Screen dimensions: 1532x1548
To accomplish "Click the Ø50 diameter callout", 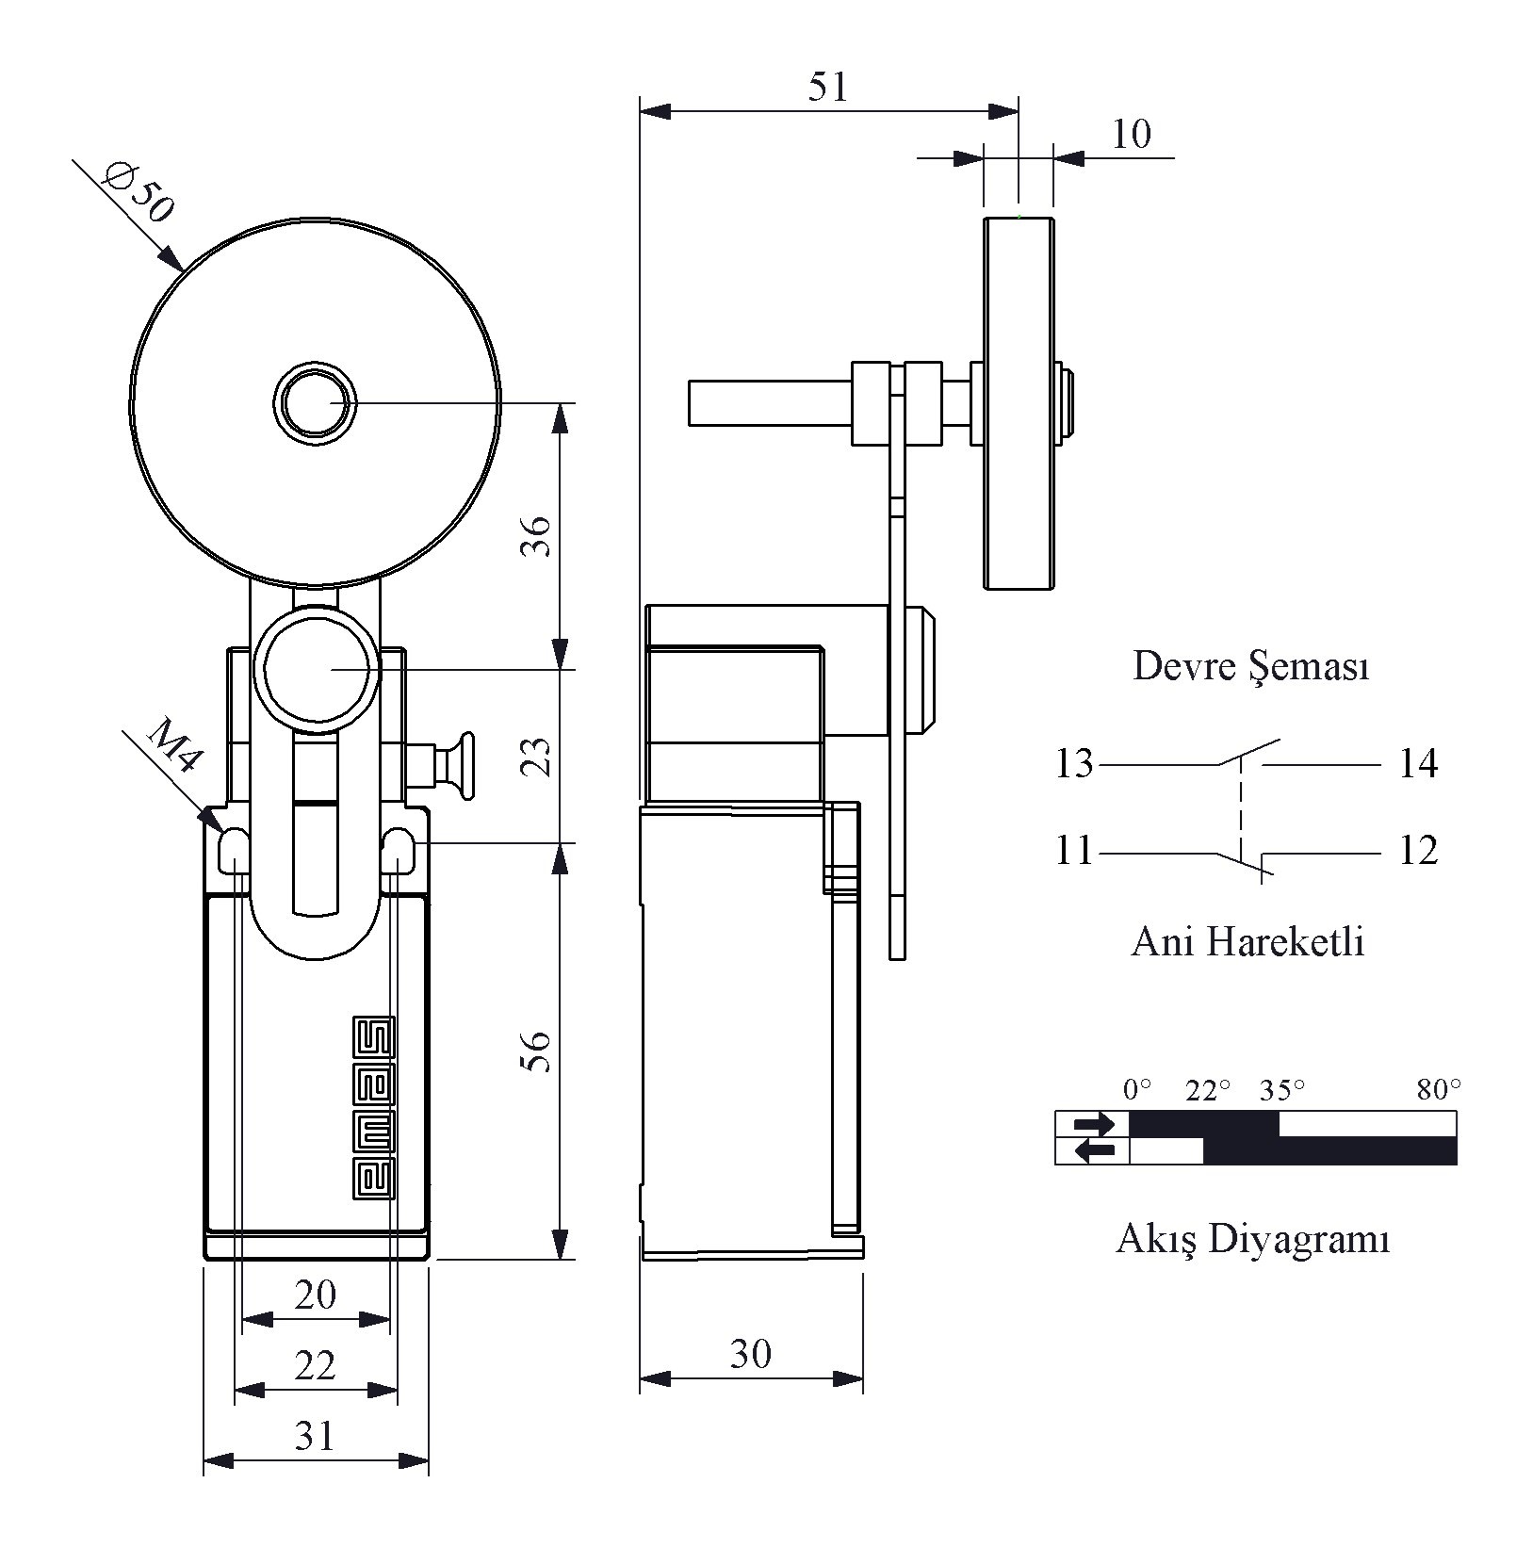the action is (x=139, y=192).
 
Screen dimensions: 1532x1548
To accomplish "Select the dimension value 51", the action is (x=828, y=87).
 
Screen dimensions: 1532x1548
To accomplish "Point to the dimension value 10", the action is (x=1131, y=134).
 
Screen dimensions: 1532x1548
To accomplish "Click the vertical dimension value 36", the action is (x=536, y=535).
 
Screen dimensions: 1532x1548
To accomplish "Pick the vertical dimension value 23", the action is (x=536, y=756).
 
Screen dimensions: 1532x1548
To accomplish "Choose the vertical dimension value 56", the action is (x=536, y=1051).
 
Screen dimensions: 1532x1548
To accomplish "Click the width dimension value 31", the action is (x=315, y=1436).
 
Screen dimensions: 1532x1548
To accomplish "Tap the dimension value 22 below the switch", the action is (x=315, y=1364).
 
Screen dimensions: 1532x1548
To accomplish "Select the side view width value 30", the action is (x=751, y=1354).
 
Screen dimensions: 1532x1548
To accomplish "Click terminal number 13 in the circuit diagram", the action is (x=1073, y=763).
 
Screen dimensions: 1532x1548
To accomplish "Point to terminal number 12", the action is (x=1418, y=851).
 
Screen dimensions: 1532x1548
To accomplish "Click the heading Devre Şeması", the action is (x=1250, y=666).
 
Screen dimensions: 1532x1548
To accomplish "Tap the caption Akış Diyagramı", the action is (x=1253, y=1238).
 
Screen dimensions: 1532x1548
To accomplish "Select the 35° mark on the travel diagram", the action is (x=1282, y=1091).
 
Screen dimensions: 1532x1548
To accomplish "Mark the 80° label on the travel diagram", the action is (x=1439, y=1090).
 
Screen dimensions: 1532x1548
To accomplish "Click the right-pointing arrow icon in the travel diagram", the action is (x=1094, y=1124).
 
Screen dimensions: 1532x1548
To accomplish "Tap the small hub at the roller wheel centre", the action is (x=315, y=402).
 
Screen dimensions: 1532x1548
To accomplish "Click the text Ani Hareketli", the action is (x=1247, y=941).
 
